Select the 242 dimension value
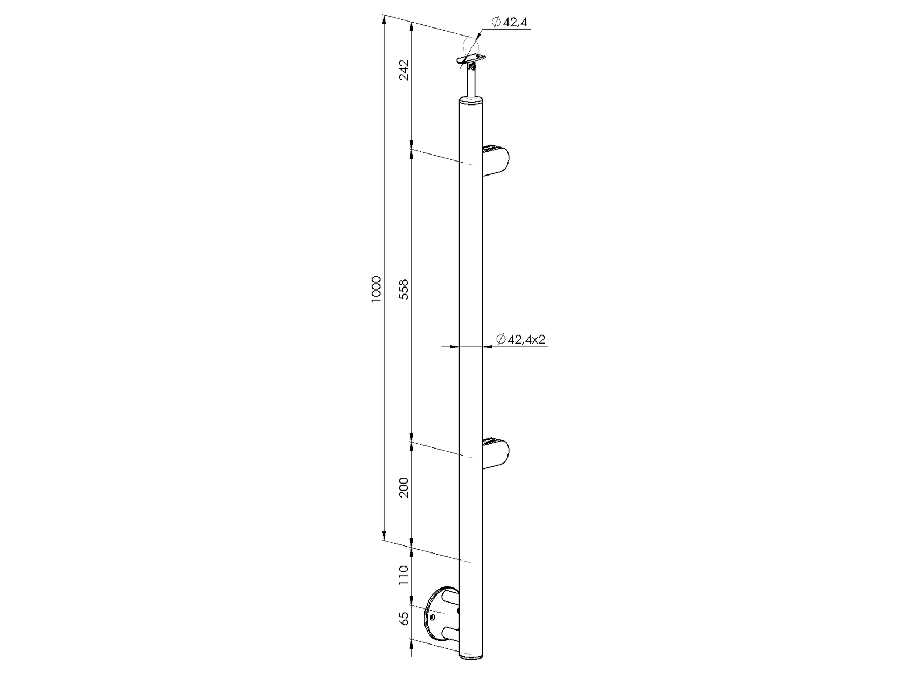click(x=405, y=69)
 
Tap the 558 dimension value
click(x=405, y=289)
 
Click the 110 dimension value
click(x=405, y=576)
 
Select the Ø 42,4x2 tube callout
click(x=520, y=339)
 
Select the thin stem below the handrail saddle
click(x=471, y=83)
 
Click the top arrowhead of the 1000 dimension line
click(x=384, y=20)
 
